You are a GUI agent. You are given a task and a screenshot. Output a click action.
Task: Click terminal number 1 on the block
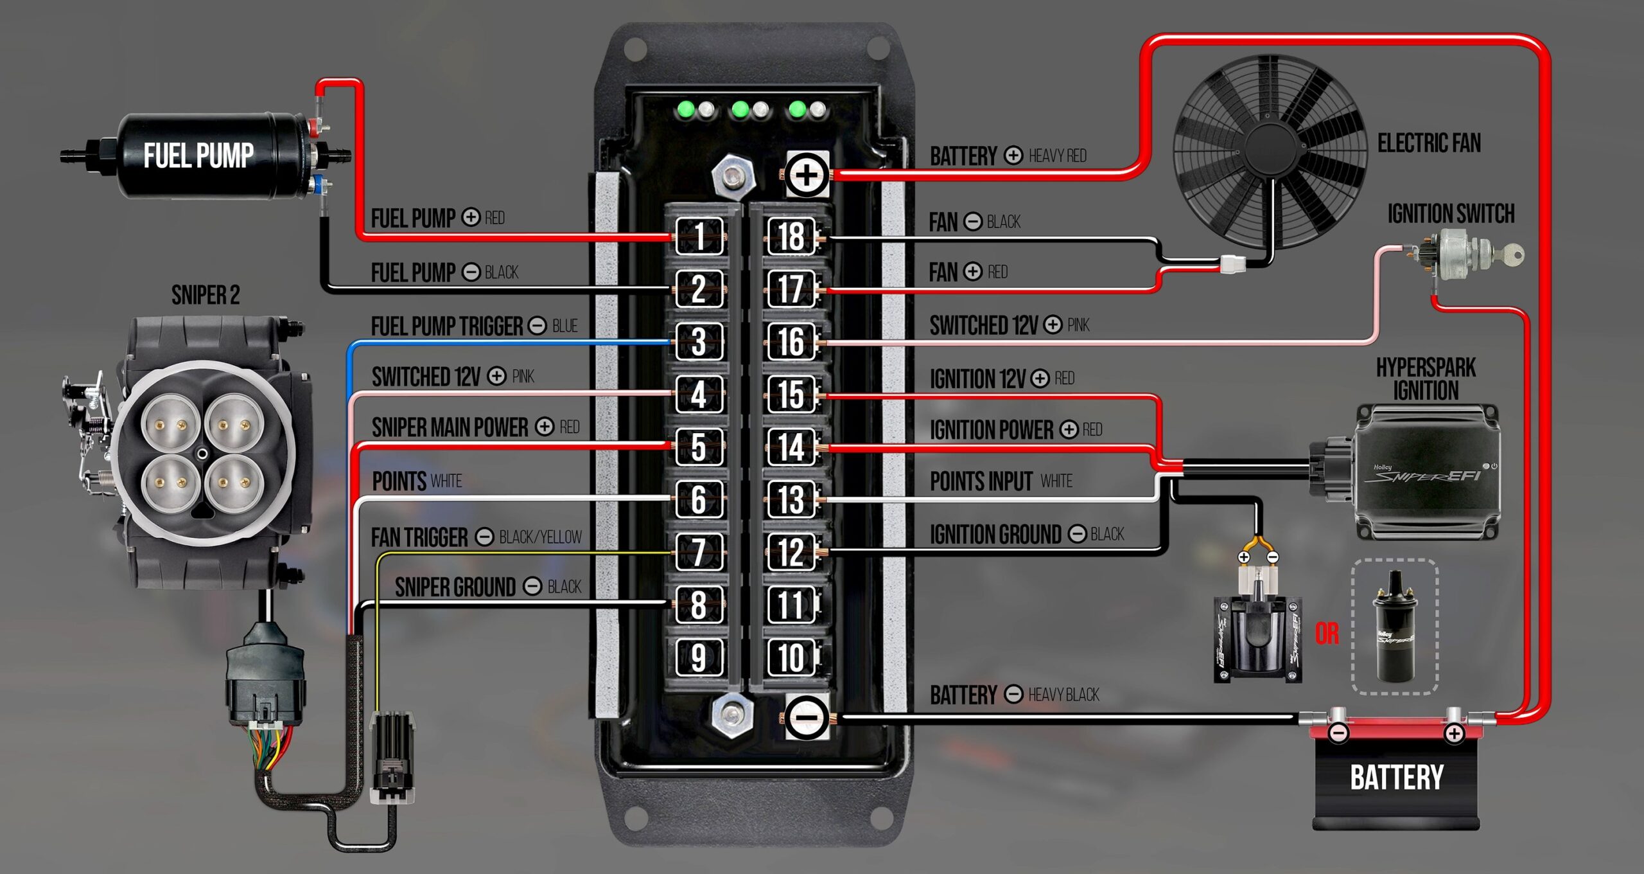[699, 236]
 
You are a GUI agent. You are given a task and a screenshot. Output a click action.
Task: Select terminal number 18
[791, 236]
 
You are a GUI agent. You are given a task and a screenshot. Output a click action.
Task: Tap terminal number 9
[699, 657]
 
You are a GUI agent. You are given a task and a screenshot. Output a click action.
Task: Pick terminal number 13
[791, 499]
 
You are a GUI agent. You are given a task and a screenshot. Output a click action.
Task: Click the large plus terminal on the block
[806, 175]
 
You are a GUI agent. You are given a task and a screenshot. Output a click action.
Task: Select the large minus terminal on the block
[806, 717]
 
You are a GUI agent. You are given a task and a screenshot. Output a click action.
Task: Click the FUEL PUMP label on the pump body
[198, 156]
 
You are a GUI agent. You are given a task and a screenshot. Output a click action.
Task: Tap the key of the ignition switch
[1513, 254]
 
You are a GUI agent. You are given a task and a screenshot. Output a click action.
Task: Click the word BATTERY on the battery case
[1397, 778]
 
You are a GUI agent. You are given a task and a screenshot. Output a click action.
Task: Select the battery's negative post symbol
[1338, 733]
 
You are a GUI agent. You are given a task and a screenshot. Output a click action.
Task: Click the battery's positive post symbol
[1454, 733]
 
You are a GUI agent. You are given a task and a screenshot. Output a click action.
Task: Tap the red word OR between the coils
[1327, 634]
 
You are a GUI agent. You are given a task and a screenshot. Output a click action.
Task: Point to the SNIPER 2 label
[205, 296]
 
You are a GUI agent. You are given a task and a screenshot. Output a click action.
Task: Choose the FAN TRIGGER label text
[419, 537]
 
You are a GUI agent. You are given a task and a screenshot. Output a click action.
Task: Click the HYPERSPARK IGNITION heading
[1426, 379]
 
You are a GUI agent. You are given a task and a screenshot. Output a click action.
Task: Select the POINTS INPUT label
[981, 481]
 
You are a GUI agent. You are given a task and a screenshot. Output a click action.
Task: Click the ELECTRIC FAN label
[1429, 143]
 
